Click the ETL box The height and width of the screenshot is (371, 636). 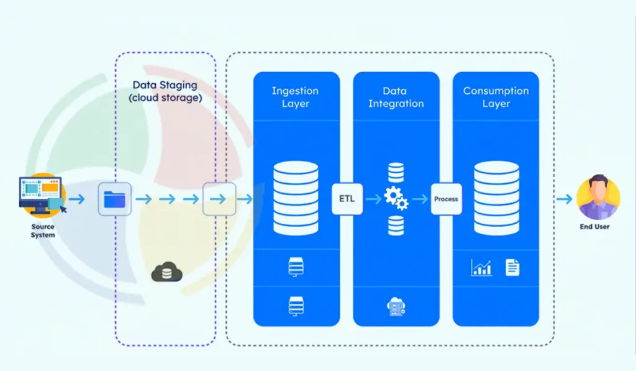pyautogui.click(x=347, y=199)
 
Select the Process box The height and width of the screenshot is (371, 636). pyautogui.click(x=446, y=199)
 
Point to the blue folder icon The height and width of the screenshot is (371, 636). pyautogui.click(x=114, y=199)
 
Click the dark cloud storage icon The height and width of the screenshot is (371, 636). pyautogui.click(x=166, y=272)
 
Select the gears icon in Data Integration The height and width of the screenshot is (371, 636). pyautogui.click(x=396, y=198)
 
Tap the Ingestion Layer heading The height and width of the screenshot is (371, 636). pyautogui.click(x=296, y=97)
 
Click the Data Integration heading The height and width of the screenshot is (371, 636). pyautogui.click(x=396, y=97)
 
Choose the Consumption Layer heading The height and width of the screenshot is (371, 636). pyautogui.click(x=496, y=97)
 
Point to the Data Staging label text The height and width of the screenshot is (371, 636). pyautogui.click(x=165, y=91)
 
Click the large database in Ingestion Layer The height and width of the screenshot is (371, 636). pyautogui.click(x=296, y=198)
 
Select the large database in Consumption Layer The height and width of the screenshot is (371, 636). pyautogui.click(x=496, y=198)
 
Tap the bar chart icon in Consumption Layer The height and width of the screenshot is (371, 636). pyautogui.click(x=481, y=268)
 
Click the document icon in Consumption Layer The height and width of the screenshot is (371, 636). pyautogui.click(x=512, y=268)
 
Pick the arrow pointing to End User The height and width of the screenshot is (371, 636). pyautogui.click(x=564, y=199)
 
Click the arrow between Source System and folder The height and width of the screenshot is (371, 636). pyautogui.click(x=77, y=199)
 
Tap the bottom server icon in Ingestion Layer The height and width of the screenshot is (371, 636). pyautogui.click(x=296, y=305)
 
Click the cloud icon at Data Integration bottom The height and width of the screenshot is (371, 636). pyautogui.click(x=396, y=306)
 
